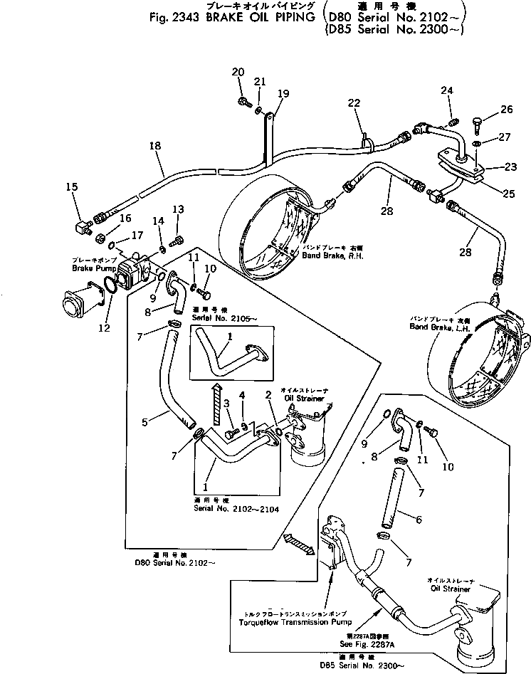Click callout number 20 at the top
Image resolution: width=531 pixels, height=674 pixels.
[238, 71]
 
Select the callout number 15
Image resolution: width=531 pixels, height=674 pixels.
[71, 187]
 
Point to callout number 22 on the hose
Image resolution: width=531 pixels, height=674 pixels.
[354, 105]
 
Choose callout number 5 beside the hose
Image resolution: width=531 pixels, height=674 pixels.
[145, 422]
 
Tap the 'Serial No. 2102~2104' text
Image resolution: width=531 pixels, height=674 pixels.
[226, 509]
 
